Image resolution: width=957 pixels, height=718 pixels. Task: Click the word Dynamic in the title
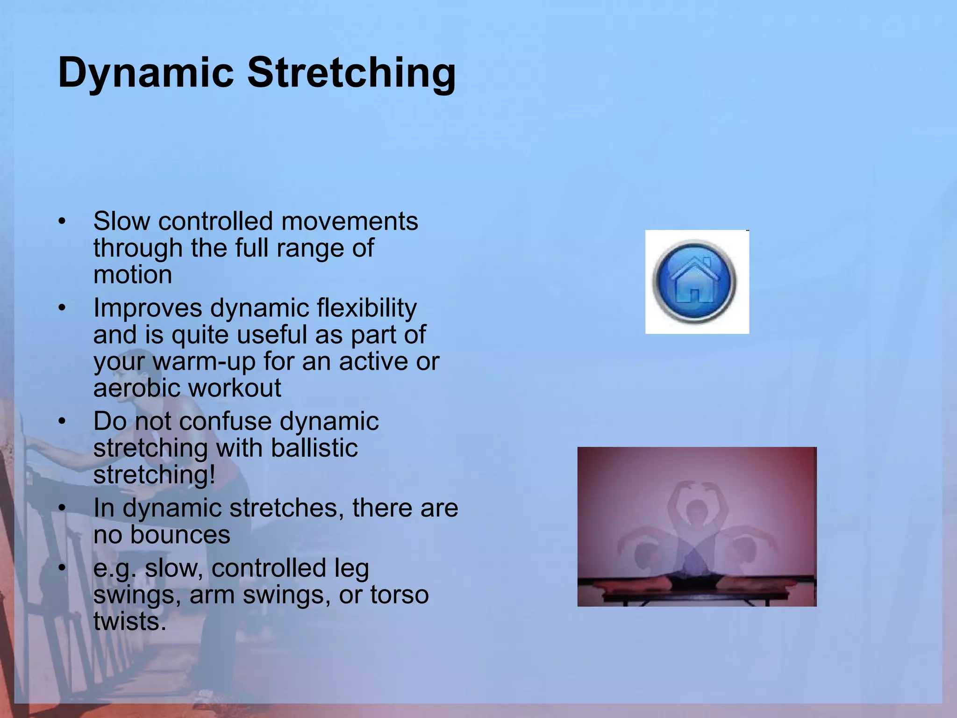[x=145, y=73]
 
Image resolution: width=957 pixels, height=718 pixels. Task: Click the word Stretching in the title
[x=351, y=73]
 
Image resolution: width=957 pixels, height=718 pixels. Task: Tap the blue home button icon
[x=695, y=282]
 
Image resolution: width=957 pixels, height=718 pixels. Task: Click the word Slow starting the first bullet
[x=122, y=221]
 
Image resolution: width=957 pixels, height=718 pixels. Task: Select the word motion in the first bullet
[x=133, y=275]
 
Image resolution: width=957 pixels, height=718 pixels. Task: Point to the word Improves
[x=148, y=309]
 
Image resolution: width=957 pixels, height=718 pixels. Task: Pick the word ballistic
[x=314, y=448]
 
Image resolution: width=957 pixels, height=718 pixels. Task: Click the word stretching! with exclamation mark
[x=154, y=475]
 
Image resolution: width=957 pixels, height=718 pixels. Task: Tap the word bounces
[x=180, y=535]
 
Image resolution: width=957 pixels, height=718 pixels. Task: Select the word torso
[x=399, y=595]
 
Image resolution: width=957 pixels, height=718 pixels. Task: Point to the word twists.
[x=129, y=622]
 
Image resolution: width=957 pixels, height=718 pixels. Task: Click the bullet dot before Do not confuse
[x=63, y=422]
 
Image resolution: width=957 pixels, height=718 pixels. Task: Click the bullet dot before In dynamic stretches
[x=63, y=508]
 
